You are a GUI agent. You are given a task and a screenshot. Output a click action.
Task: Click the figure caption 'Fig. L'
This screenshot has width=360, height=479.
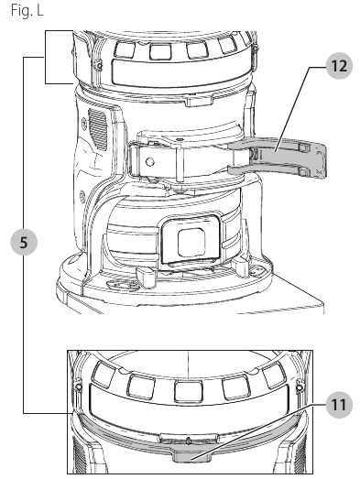27,10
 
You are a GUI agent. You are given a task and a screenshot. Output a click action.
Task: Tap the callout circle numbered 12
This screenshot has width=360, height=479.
339,66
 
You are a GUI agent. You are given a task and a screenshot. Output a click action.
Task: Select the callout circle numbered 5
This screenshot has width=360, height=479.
24,243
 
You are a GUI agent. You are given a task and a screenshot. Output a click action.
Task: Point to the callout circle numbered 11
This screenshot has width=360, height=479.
339,405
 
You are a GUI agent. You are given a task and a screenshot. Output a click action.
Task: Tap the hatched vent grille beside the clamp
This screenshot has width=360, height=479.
98,129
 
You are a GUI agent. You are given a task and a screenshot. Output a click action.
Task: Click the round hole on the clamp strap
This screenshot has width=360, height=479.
149,161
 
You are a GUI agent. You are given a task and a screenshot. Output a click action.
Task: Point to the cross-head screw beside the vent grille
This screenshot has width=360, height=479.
84,121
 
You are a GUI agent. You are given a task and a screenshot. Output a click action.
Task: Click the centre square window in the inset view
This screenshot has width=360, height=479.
189,391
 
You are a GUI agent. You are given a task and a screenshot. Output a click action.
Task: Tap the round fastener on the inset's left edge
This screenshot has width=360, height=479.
79,387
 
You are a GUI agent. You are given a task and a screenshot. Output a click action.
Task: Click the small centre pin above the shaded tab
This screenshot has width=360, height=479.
189,441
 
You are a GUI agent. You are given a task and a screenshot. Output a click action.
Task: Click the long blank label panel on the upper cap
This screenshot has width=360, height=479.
181,73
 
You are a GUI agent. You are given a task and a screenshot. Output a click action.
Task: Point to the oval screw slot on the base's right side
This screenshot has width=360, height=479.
257,271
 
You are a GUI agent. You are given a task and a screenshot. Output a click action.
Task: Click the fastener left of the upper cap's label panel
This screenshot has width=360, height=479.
99,64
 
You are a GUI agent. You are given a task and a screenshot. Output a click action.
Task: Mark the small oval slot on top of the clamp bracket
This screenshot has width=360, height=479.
180,139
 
